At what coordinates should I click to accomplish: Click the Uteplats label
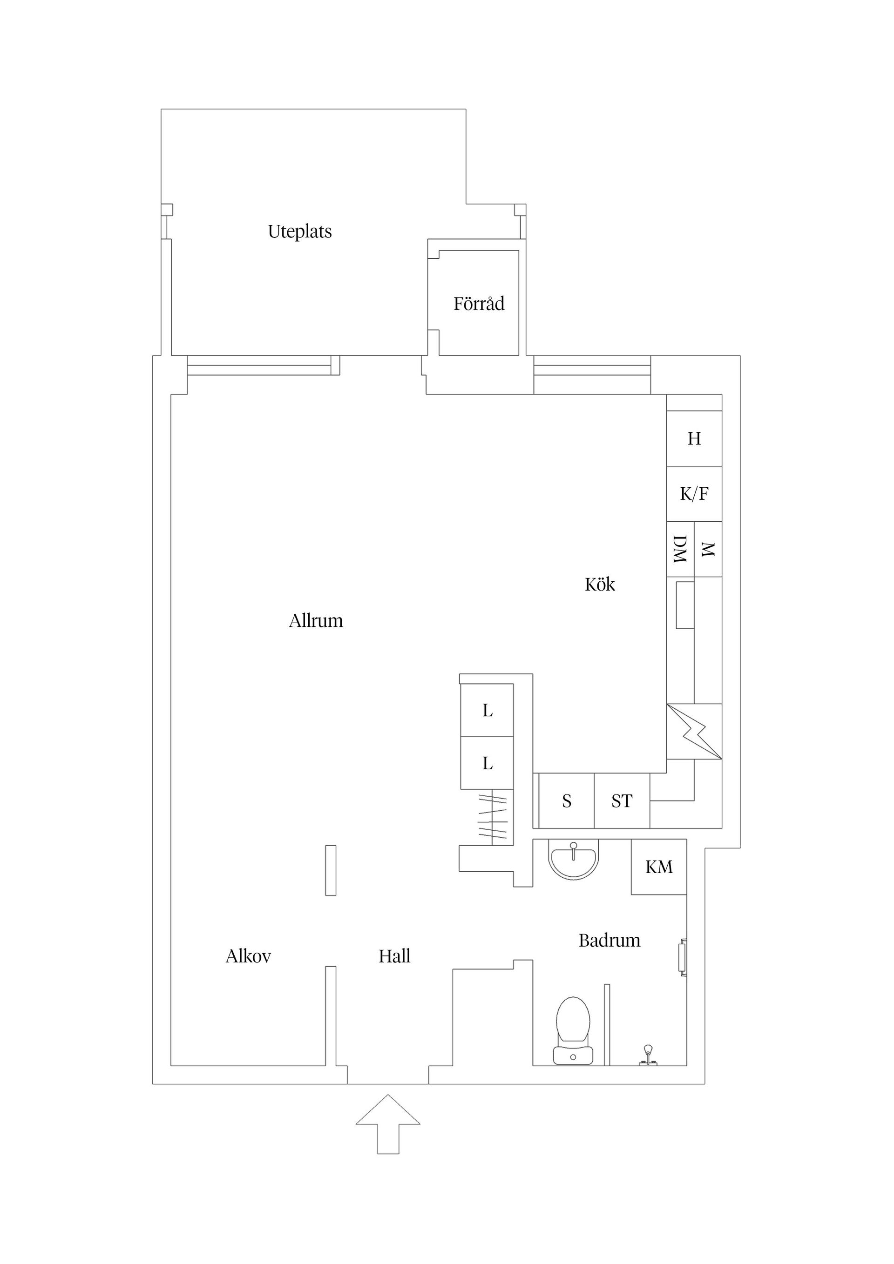click(300, 231)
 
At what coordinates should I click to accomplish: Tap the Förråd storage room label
click(479, 303)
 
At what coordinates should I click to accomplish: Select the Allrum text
click(316, 621)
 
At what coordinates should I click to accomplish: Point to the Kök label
click(599, 584)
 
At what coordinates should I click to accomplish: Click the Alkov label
click(248, 956)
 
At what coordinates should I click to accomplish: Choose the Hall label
click(394, 956)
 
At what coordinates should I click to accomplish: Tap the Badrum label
click(609, 940)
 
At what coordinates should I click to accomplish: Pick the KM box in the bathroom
click(659, 867)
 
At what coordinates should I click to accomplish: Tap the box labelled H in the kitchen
click(694, 439)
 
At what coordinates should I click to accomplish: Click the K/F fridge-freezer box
click(694, 494)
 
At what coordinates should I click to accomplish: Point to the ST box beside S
click(622, 801)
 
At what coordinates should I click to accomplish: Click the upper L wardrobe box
click(487, 711)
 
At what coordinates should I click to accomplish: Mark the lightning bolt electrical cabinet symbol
click(694, 732)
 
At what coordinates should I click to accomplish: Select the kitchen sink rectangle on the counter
click(684, 605)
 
